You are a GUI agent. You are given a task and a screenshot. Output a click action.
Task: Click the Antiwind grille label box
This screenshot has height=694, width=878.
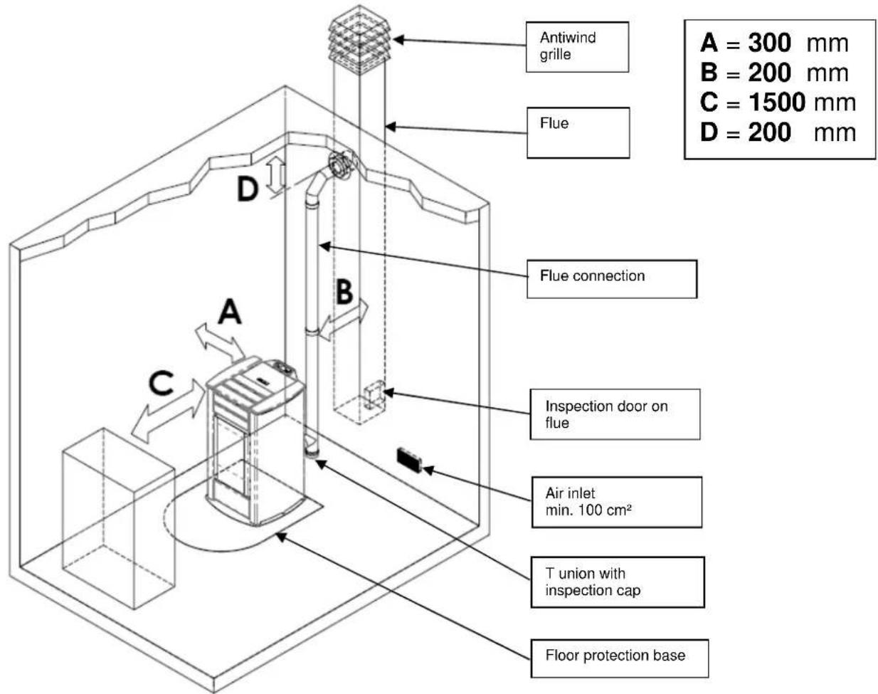click(x=577, y=46)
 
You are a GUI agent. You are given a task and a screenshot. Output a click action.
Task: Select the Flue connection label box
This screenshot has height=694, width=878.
click(x=611, y=278)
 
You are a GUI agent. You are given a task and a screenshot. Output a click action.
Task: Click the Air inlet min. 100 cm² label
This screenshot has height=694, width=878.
click(x=616, y=502)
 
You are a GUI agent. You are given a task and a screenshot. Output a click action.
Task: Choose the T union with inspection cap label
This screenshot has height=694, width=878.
click(x=617, y=582)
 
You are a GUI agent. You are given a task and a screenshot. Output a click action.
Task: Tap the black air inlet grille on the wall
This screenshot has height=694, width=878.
click(x=409, y=459)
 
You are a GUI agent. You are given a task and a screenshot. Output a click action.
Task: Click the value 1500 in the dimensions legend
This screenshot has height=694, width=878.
click(x=776, y=102)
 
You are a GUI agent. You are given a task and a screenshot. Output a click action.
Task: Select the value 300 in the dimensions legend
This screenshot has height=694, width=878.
click(x=769, y=43)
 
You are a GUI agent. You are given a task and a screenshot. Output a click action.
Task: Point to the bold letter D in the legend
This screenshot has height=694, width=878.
click(x=709, y=132)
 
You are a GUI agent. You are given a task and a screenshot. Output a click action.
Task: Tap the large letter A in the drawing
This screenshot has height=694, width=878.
click(x=229, y=312)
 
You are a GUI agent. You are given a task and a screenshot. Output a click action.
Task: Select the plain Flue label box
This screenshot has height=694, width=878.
click(x=578, y=132)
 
